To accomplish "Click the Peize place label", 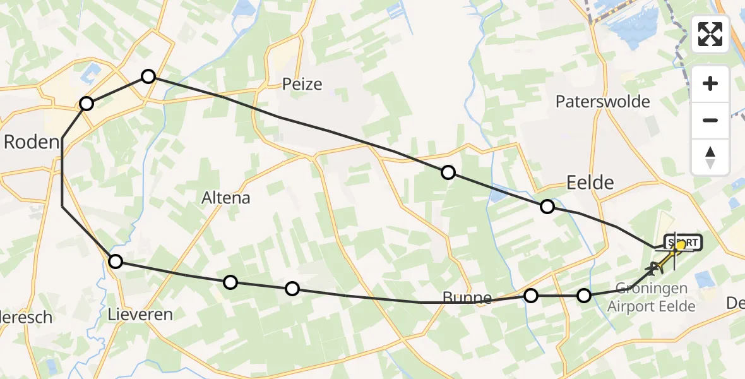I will pos(302,84).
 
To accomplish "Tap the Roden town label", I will pos(31,142).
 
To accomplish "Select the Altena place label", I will pos(225,198).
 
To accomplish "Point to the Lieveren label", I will pos(140,313).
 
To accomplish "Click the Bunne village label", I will pos(467,298).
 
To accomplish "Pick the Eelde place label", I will pos(590,183).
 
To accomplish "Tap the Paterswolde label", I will pos(603,101).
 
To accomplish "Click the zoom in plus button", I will pos(710,84).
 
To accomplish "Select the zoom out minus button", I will pos(710,120).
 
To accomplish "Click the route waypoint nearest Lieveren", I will pos(116,262).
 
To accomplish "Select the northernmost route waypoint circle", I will pos(148,76).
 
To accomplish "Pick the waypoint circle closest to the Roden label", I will pos(86,104).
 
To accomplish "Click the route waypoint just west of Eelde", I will pos(547,207).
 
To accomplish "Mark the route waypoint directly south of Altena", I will pos(231,282).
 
